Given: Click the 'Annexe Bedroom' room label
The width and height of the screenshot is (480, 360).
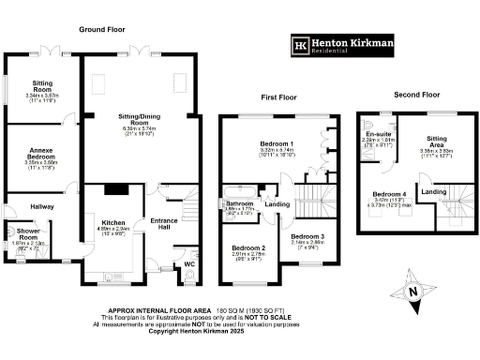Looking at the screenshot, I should pyautogui.click(x=41, y=156).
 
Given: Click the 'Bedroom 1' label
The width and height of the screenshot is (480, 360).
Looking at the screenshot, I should pyautogui.click(x=277, y=142).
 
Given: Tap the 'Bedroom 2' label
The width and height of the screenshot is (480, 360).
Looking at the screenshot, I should pyautogui.click(x=249, y=247).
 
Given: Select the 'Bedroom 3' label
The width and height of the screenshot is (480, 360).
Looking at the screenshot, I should pyautogui.click(x=306, y=236).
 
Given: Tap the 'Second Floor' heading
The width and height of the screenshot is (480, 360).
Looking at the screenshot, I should pyautogui.click(x=416, y=95).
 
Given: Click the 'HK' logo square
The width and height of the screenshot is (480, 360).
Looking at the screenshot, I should pyautogui.click(x=302, y=45).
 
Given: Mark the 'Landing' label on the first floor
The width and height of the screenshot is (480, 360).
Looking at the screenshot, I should pyautogui.click(x=277, y=203).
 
